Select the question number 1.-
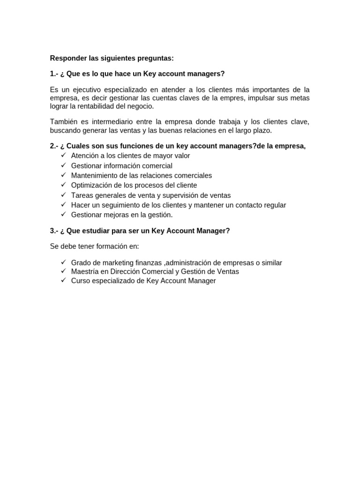(x=54, y=74)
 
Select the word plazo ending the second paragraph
(x=262, y=130)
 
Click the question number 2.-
(x=54, y=146)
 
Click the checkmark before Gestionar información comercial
(x=64, y=165)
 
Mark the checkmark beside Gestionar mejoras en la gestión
(x=64, y=215)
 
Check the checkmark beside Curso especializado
(x=64, y=281)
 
